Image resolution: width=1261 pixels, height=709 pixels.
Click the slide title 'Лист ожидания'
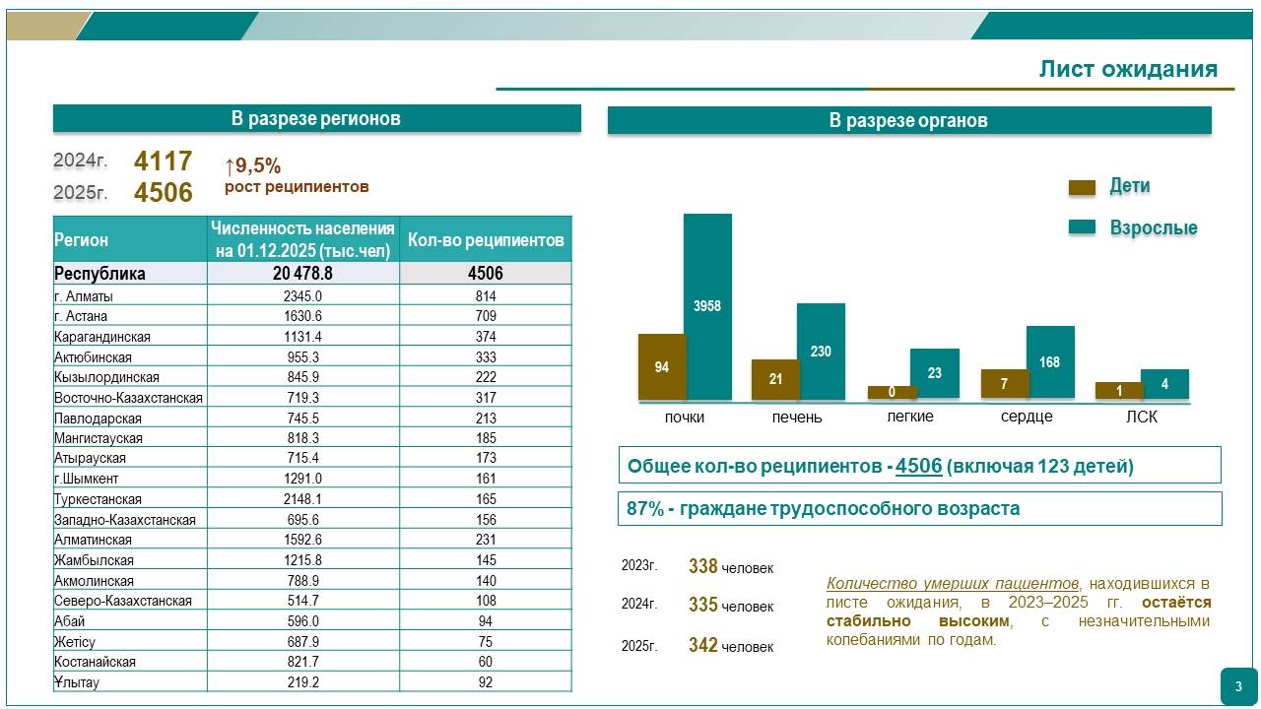(1128, 69)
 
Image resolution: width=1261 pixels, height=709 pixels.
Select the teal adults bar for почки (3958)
(707, 305)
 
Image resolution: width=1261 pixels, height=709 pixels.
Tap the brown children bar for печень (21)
(775, 379)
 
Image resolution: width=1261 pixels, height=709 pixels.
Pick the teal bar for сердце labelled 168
(1050, 362)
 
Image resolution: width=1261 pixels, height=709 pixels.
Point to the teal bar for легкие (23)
(934, 373)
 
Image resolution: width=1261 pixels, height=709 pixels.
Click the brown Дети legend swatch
(1082, 187)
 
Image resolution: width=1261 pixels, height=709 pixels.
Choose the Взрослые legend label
(1154, 227)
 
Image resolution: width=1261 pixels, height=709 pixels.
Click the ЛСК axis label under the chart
(1142, 417)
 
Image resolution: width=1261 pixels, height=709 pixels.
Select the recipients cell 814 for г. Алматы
(485, 295)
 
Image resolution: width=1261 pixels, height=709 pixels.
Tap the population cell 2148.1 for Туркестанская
(302, 499)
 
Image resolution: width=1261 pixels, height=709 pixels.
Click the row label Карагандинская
(102, 337)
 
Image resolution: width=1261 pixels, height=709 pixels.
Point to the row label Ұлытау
(77, 682)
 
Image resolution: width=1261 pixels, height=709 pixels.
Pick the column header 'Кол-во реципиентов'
(485, 239)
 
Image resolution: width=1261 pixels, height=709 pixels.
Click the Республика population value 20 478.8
(302, 274)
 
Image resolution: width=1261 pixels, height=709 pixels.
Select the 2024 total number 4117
(163, 161)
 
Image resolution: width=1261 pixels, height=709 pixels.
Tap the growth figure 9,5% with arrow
(253, 165)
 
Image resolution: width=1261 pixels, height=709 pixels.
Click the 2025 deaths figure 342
(702, 646)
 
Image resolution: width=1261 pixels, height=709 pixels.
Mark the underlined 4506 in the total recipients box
(918, 466)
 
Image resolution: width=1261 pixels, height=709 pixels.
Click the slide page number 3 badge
(1238, 686)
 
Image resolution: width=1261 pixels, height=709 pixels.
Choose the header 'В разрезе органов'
(908, 120)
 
